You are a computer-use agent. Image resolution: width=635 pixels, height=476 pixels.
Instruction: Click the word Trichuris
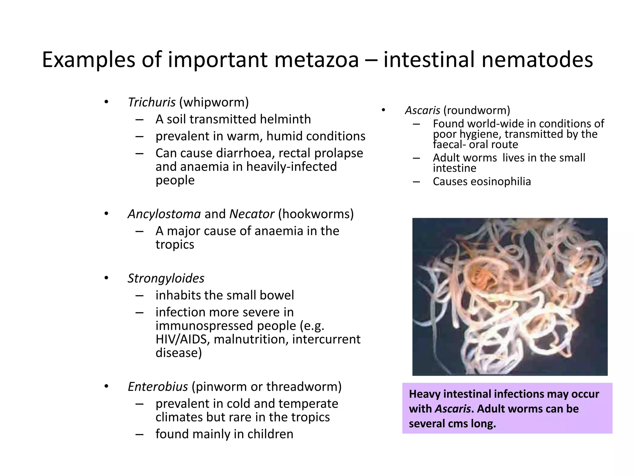[152, 103]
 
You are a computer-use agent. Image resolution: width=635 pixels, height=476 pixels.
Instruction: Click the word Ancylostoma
[164, 214]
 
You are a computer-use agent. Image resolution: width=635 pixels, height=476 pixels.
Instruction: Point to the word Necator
[251, 214]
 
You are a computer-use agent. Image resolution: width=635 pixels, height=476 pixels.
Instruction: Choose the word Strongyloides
[166, 278]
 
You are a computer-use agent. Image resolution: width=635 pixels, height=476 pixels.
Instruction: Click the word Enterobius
[158, 387]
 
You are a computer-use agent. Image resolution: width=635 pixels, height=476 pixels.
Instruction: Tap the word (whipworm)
[214, 103]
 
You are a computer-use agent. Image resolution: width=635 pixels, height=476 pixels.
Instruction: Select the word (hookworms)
[316, 214]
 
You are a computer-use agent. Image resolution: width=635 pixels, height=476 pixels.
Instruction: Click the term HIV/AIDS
[183, 339]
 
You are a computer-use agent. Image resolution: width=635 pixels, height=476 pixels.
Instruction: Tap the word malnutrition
[251, 339]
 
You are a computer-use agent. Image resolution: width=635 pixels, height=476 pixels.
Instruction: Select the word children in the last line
[270, 434]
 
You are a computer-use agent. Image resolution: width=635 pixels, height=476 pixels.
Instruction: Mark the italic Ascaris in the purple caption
[453, 409]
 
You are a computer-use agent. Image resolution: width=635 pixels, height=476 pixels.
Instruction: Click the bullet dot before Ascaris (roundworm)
[383, 110]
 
